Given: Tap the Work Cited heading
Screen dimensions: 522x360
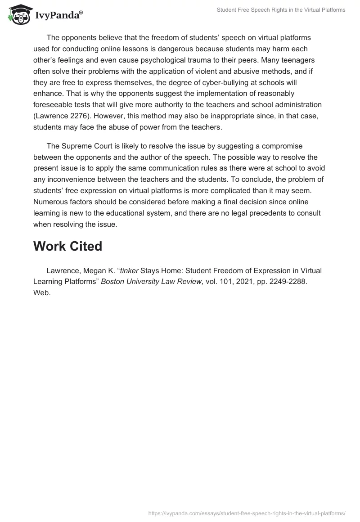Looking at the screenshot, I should [68, 246].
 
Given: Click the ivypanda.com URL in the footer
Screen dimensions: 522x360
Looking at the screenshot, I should [247, 513].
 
